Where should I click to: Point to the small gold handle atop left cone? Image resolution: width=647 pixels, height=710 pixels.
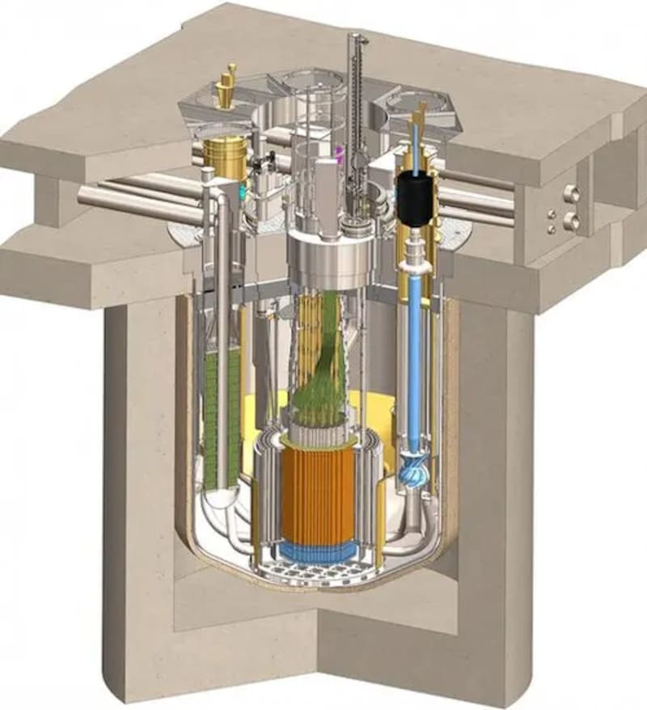230,74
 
